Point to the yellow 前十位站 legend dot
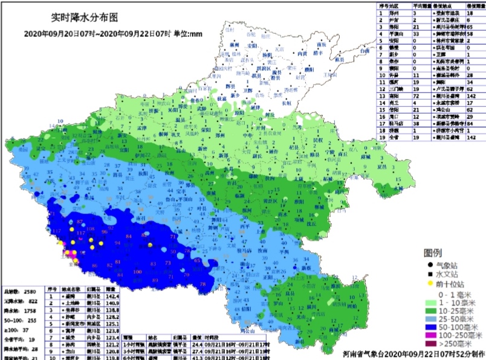tap(430, 282)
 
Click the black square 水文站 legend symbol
tap(430, 273)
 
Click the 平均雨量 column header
tap(422, 5)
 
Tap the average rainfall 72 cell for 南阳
tap(416, 95)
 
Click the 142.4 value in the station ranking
tap(112, 297)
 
